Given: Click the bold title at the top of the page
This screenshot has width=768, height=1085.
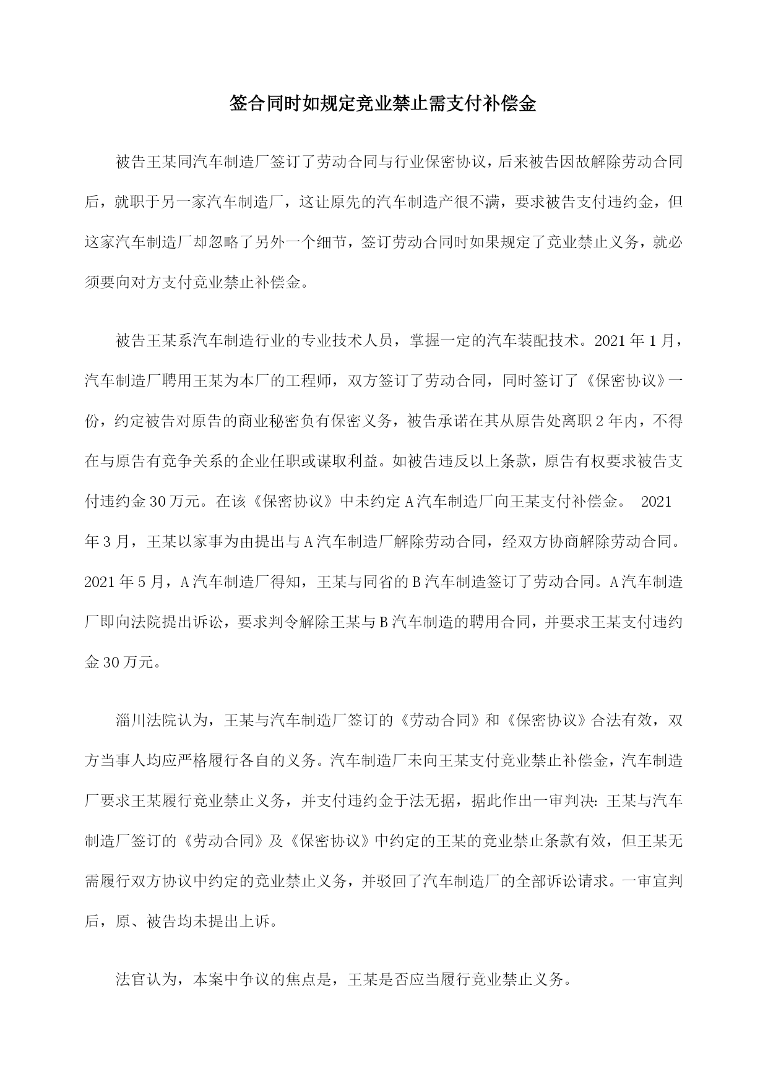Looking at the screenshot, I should [383, 104].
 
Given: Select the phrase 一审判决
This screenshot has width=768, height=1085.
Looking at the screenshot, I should [565, 801].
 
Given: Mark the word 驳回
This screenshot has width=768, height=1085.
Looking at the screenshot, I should [391, 881].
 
